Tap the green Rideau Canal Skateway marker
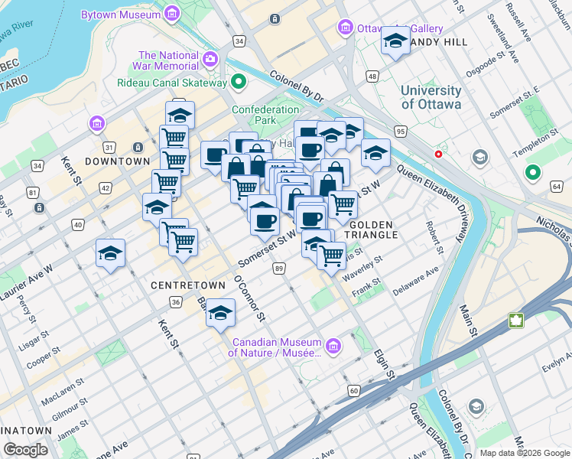pyautogui.click(x=239, y=82)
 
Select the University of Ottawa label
pyautogui.click(x=431, y=97)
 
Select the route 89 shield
pyautogui.click(x=279, y=268)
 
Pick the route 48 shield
pyautogui.click(x=372, y=76)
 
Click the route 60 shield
pyautogui.click(x=353, y=391)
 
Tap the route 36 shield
pyautogui.click(x=176, y=303)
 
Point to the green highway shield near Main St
pyautogui.click(x=516, y=320)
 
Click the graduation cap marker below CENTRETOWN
pyautogui.click(x=220, y=314)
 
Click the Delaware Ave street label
pyautogui.click(x=416, y=281)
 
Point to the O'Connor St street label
pyautogui.click(x=250, y=298)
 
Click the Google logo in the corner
pyautogui.click(x=26, y=450)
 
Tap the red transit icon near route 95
pyautogui.click(x=439, y=154)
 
